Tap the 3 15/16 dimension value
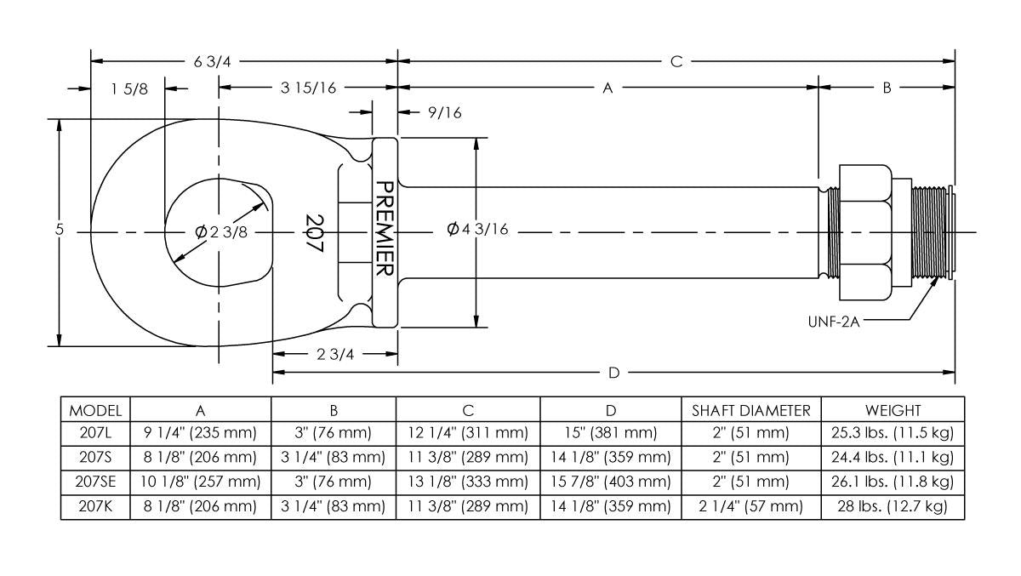pos(307,88)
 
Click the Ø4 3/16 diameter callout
pos(477,231)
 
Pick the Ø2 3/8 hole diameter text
pos(221,232)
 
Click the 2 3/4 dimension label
pos(334,355)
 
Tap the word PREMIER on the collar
pos(384,229)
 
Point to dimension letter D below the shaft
pos(613,373)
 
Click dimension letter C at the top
pos(676,61)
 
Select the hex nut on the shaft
pos(865,232)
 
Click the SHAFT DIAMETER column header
pos(750,409)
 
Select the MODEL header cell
pos(95,409)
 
